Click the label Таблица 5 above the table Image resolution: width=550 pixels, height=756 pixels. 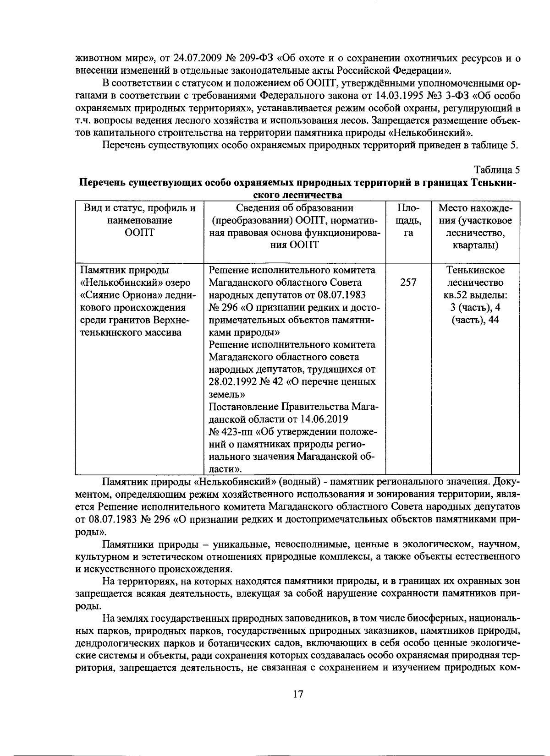point(497,170)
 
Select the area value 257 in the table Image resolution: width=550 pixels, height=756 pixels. point(408,283)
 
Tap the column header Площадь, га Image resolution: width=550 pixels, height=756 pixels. point(408,220)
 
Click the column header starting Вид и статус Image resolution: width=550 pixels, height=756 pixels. point(139,220)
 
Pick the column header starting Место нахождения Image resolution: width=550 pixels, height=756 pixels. point(475,227)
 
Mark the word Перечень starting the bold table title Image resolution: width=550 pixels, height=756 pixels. point(102,182)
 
